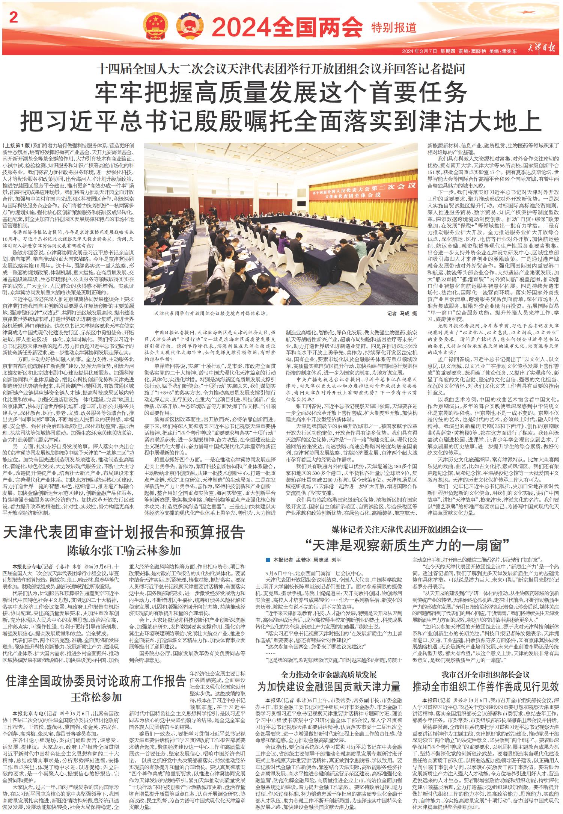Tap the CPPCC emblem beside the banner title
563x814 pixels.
tap(189, 27)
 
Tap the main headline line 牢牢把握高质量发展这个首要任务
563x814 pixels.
tap(281, 92)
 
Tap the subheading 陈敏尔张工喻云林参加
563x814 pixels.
tap(124, 551)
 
